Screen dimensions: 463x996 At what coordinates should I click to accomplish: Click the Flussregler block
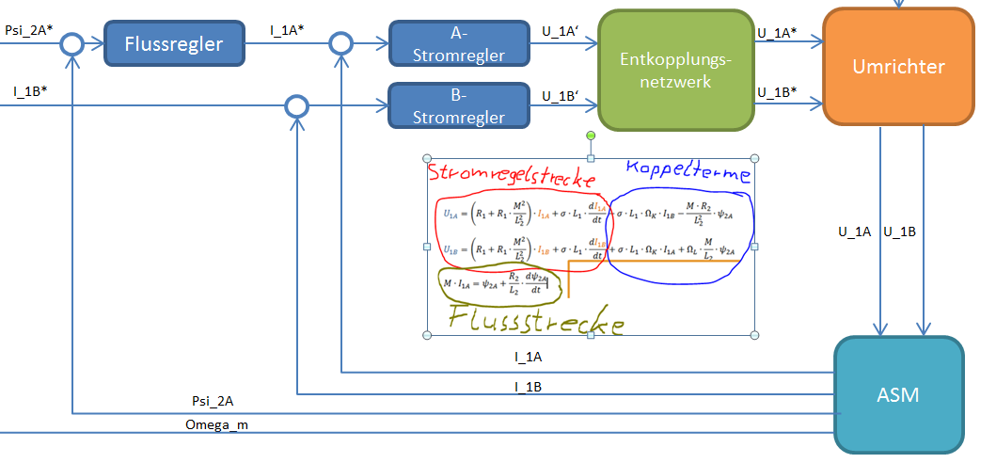(x=174, y=43)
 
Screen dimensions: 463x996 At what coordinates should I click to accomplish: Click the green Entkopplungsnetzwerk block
(x=676, y=70)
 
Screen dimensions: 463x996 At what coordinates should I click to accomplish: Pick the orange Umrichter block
(x=898, y=66)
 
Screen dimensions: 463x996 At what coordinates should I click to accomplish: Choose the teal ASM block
(x=898, y=394)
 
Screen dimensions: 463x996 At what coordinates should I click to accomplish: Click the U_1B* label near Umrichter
(x=777, y=92)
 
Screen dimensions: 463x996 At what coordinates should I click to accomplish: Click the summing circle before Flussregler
(x=71, y=43)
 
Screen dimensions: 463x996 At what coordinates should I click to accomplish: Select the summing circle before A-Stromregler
(x=341, y=42)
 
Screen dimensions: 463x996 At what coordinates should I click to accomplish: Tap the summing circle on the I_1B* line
(x=297, y=105)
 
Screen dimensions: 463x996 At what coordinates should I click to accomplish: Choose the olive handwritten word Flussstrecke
(x=535, y=320)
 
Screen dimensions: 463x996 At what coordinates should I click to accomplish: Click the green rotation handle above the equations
(x=591, y=136)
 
